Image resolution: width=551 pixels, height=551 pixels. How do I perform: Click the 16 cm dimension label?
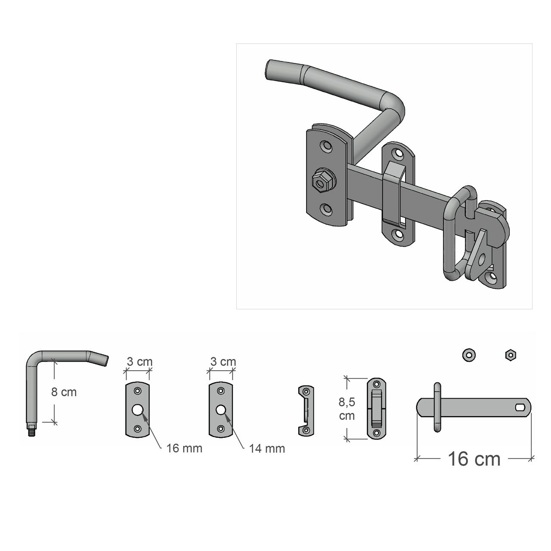pyautogui.click(x=474, y=459)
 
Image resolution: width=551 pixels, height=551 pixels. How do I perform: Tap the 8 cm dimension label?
pyautogui.click(x=64, y=392)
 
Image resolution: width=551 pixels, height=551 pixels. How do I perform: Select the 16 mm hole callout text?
pyautogui.click(x=184, y=449)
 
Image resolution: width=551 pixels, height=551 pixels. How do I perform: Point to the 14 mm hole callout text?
pyautogui.click(x=267, y=449)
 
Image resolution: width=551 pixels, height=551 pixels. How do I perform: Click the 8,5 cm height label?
pyautogui.click(x=347, y=409)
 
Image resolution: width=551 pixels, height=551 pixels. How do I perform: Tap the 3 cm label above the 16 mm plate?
pyautogui.click(x=139, y=362)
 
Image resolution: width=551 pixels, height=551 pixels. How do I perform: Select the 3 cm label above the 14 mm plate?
pyautogui.click(x=223, y=362)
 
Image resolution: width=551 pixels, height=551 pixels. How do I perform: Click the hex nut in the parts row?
pyautogui.click(x=511, y=355)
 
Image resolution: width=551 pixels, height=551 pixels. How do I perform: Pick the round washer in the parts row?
pyautogui.click(x=469, y=355)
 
